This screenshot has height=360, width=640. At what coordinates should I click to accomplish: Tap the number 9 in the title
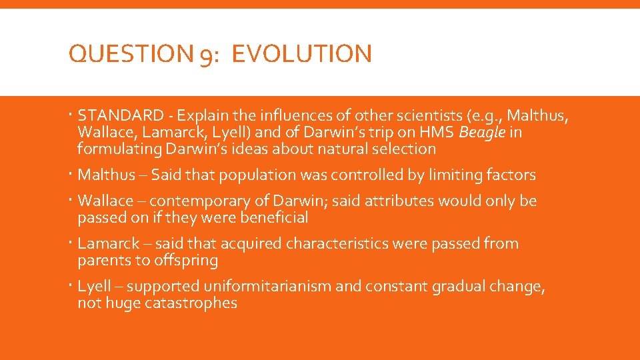[x=205, y=55]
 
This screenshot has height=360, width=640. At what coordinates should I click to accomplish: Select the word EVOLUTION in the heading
[x=302, y=53]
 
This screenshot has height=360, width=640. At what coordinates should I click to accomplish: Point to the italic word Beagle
[x=482, y=133]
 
